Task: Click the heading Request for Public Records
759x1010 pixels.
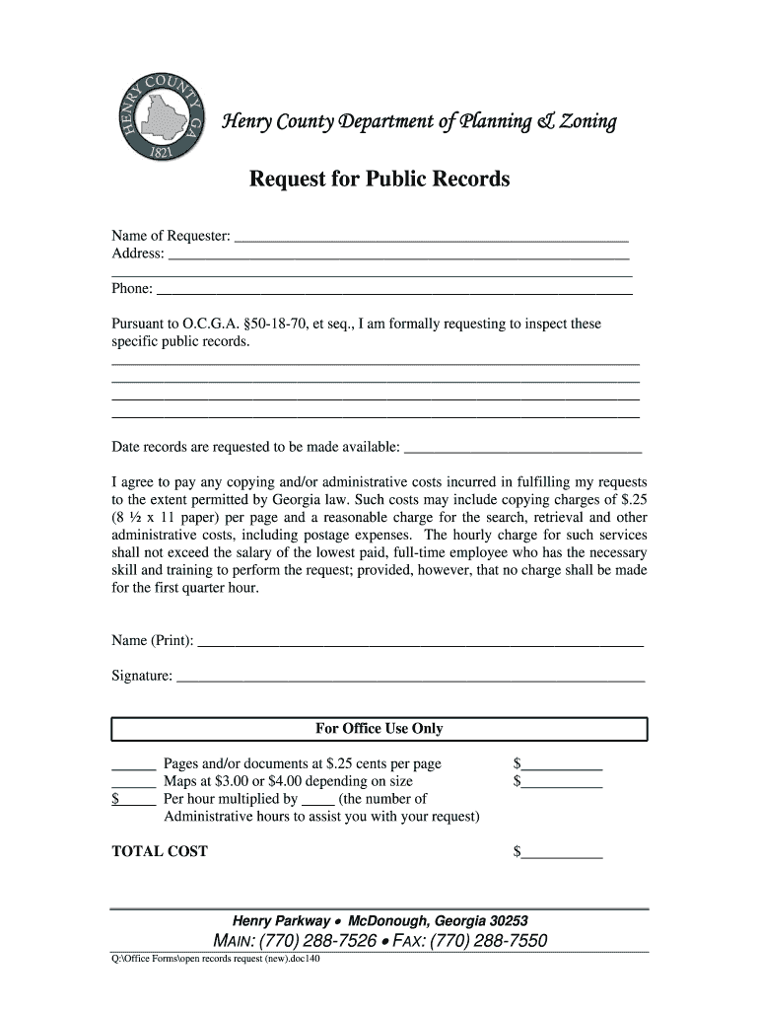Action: pyautogui.click(x=379, y=180)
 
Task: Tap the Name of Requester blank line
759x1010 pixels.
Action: pyautogui.click(x=431, y=237)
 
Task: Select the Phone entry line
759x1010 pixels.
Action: pyautogui.click(x=394, y=289)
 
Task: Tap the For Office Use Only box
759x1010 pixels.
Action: pyautogui.click(x=379, y=729)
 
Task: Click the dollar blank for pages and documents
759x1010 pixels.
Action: pyautogui.click(x=562, y=764)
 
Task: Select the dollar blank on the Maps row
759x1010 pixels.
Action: pyautogui.click(x=562, y=782)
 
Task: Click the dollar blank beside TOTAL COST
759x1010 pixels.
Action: pyautogui.click(x=562, y=852)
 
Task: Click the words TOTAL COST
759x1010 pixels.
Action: pyautogui.click(x=160, y=851)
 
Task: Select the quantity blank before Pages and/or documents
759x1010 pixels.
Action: pyautogui.click(x=134, y=764)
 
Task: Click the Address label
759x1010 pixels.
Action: pyautogui.click(x=138, y=254)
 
